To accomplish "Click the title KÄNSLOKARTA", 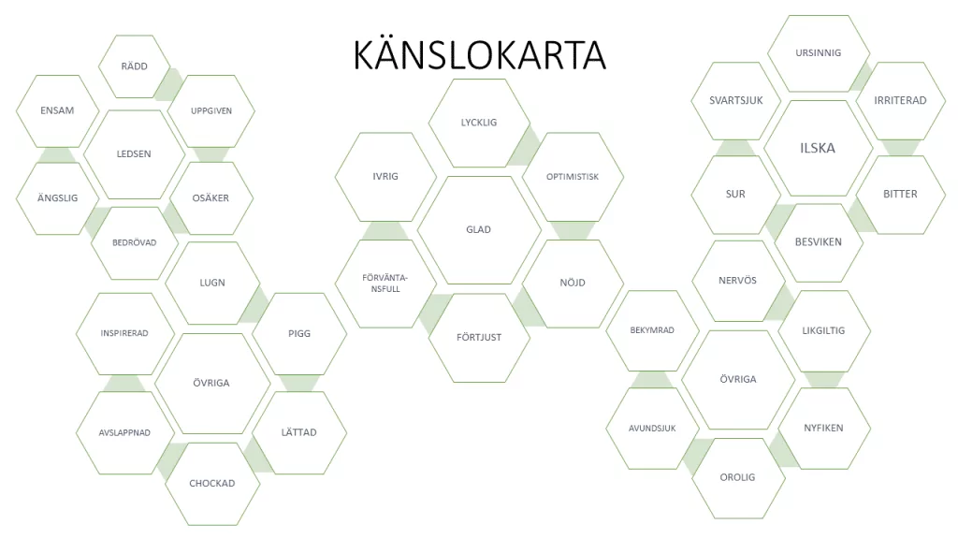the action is click(480, 55).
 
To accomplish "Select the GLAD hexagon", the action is click(479, 230).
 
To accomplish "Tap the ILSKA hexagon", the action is click(818, 148).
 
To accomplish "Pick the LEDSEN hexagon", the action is click(134, 154).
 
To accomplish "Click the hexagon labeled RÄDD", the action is click(135, 66).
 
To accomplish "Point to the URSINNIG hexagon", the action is click(818, 53).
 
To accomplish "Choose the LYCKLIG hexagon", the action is click(479, 123).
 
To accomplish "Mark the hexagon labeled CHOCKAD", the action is click(212, 484).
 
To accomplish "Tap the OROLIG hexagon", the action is click(737, 478).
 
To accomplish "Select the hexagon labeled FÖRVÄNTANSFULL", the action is click(385, 283).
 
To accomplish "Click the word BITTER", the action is click(900, 195).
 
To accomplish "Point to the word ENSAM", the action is click(57, 110).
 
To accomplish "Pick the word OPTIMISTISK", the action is click(573, 177).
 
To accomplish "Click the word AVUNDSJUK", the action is click(652, 429).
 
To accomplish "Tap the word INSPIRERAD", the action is click(124, 333).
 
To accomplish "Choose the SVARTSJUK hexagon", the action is click(735, 101).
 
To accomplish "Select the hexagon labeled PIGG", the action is click(299, 334).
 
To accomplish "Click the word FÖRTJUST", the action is click(479, 337).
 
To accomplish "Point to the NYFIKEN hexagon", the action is click(823, 429).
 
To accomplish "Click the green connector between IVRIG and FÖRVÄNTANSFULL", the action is click(385, 230).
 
